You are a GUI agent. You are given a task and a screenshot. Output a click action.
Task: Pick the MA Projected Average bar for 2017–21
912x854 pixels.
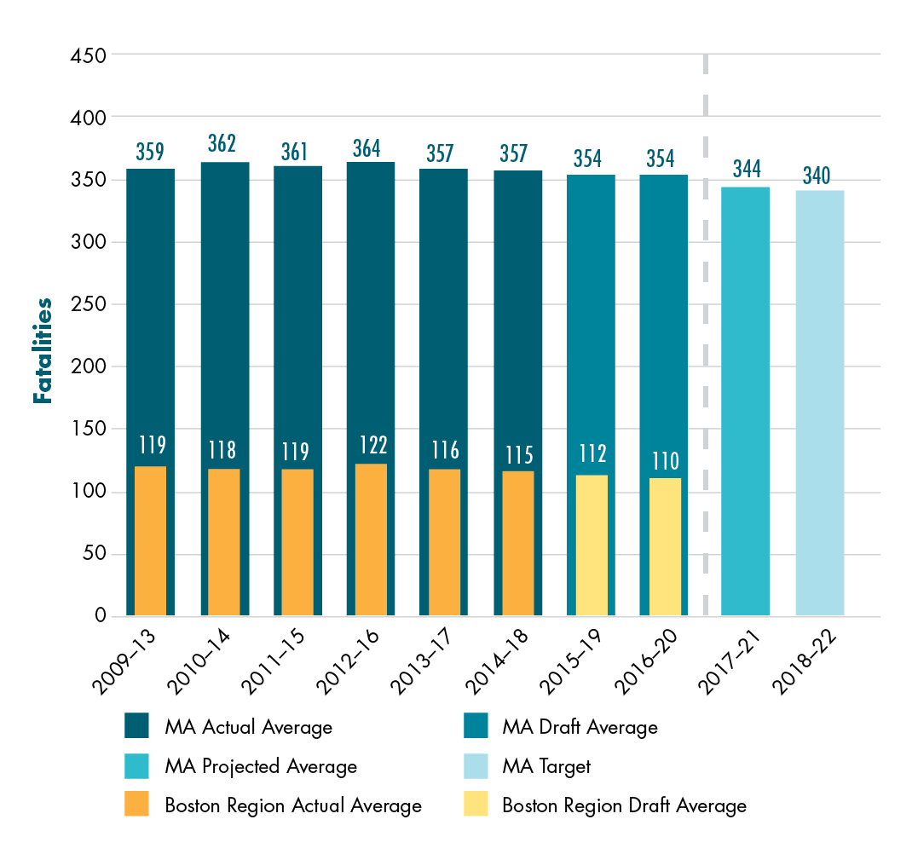[745, 401]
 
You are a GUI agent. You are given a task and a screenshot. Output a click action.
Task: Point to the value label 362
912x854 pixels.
[222, 143]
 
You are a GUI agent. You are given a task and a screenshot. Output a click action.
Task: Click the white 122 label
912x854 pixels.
[372, 445]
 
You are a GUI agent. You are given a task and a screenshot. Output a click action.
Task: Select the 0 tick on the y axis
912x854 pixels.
[100, 616]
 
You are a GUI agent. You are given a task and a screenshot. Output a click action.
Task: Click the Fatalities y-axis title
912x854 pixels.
[43, 350]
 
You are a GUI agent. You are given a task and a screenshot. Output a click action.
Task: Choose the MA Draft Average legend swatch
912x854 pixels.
[476, 727]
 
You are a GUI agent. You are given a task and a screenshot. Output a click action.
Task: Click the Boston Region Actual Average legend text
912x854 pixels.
[293, 805]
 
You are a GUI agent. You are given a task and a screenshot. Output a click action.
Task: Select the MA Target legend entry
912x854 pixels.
[546, 766]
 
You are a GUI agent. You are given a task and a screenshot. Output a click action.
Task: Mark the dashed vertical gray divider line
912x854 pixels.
[706, 341]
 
